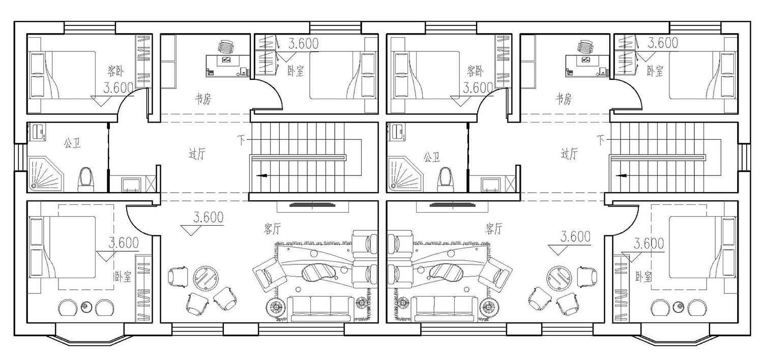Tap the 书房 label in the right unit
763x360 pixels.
pos(564,99)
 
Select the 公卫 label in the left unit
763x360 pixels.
pos(73,143)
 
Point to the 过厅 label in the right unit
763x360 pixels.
pos(569,154)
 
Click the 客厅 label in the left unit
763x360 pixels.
pos(273,228)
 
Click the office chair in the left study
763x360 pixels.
pos(226,47)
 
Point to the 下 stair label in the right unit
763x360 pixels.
pos(600,139)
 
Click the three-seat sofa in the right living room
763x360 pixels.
pos(444,309)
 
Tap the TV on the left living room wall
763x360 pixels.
pos(312,205)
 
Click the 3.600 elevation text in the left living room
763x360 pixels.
pos(209,217)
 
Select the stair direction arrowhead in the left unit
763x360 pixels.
pos(261,175)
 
